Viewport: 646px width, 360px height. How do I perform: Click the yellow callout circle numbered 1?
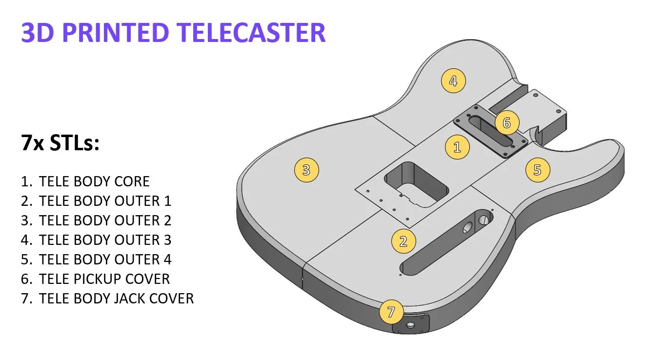coord(457,147)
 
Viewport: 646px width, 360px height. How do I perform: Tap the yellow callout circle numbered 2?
coord(403,241)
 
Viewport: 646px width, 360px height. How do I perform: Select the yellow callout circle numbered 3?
coord(306,170)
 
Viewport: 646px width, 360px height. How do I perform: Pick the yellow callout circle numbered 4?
coord(453,80)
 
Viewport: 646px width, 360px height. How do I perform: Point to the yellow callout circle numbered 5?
coord(537,170)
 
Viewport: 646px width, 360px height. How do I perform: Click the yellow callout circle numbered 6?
coord(506,123)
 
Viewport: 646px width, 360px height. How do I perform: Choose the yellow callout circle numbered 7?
coord(391,312)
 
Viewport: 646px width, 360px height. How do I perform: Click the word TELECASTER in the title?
coord(251,33)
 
